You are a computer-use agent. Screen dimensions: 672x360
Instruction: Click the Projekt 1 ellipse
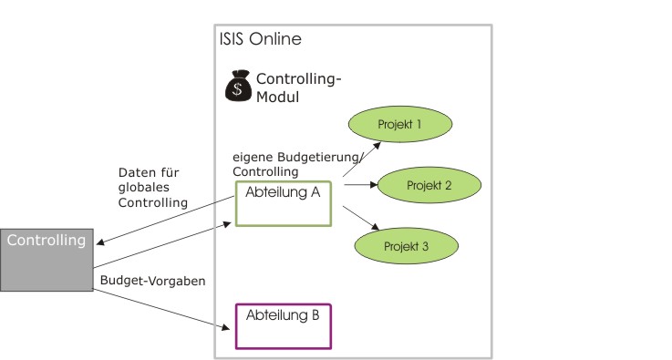click(x=400, y=124)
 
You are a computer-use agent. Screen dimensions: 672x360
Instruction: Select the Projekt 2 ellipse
click(x=429, y=185)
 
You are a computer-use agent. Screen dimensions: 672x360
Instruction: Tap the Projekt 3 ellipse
click(x=407, y=246)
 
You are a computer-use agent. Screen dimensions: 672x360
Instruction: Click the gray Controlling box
click(x=47, y=260)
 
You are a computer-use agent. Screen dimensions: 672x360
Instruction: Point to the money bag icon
click(x=239, y=87)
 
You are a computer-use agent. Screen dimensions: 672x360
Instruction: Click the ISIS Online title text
click(x=261, y=39)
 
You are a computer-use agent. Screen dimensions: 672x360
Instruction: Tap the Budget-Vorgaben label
click(x=153, y=281)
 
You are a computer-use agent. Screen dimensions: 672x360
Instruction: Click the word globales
click(x=138, y=187)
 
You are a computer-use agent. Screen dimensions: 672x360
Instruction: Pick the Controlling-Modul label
click(x=299, y=87)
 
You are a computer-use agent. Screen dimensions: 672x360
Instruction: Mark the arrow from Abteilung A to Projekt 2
click(x=361, y=185)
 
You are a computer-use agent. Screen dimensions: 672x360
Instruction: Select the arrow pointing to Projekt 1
click(x=362, y=159)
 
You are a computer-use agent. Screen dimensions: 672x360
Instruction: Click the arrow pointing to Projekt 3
click(x=361, y=218)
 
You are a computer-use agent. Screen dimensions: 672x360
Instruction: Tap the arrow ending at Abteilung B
click(x=161, y=310)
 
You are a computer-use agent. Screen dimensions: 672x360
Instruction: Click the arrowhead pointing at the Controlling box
click(x=100, y=242)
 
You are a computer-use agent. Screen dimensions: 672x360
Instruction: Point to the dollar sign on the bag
click(x=237, y=89)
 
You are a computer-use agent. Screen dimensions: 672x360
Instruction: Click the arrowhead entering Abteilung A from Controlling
click(x=226, y=224)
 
